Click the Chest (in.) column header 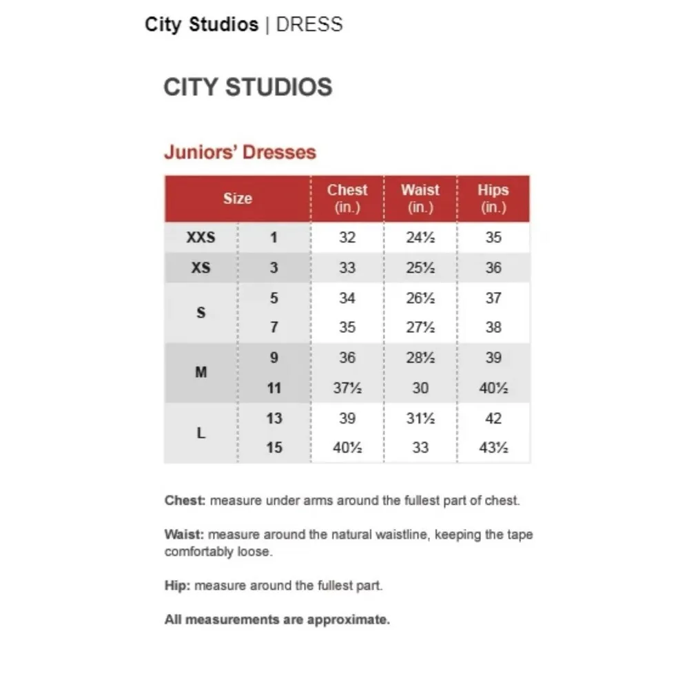click(x=347, y=198)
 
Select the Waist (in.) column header click(x=420, y=198)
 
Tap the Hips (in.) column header click(x=493, y=198)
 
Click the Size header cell click(x=237, y=198)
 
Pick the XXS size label click(x=200, y=238)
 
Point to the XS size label click(x=200, y=267)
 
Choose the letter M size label click(x=200, y=373)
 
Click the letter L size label click(x=200, y=433)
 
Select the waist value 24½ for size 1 click(x=420, y=238)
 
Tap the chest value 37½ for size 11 click(x=347, y=388)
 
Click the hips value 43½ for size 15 click(x=493, y=448)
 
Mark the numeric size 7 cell click(x=274, y=327)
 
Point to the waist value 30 click(x=420, y=388)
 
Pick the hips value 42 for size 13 click(x=493, y=418)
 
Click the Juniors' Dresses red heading click(x=240, y=152)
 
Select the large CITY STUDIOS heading click(x=248, y=88)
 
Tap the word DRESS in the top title click(x=309, y=25)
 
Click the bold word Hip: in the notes click(x=178, y=586)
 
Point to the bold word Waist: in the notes click(x=184, y=535)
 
